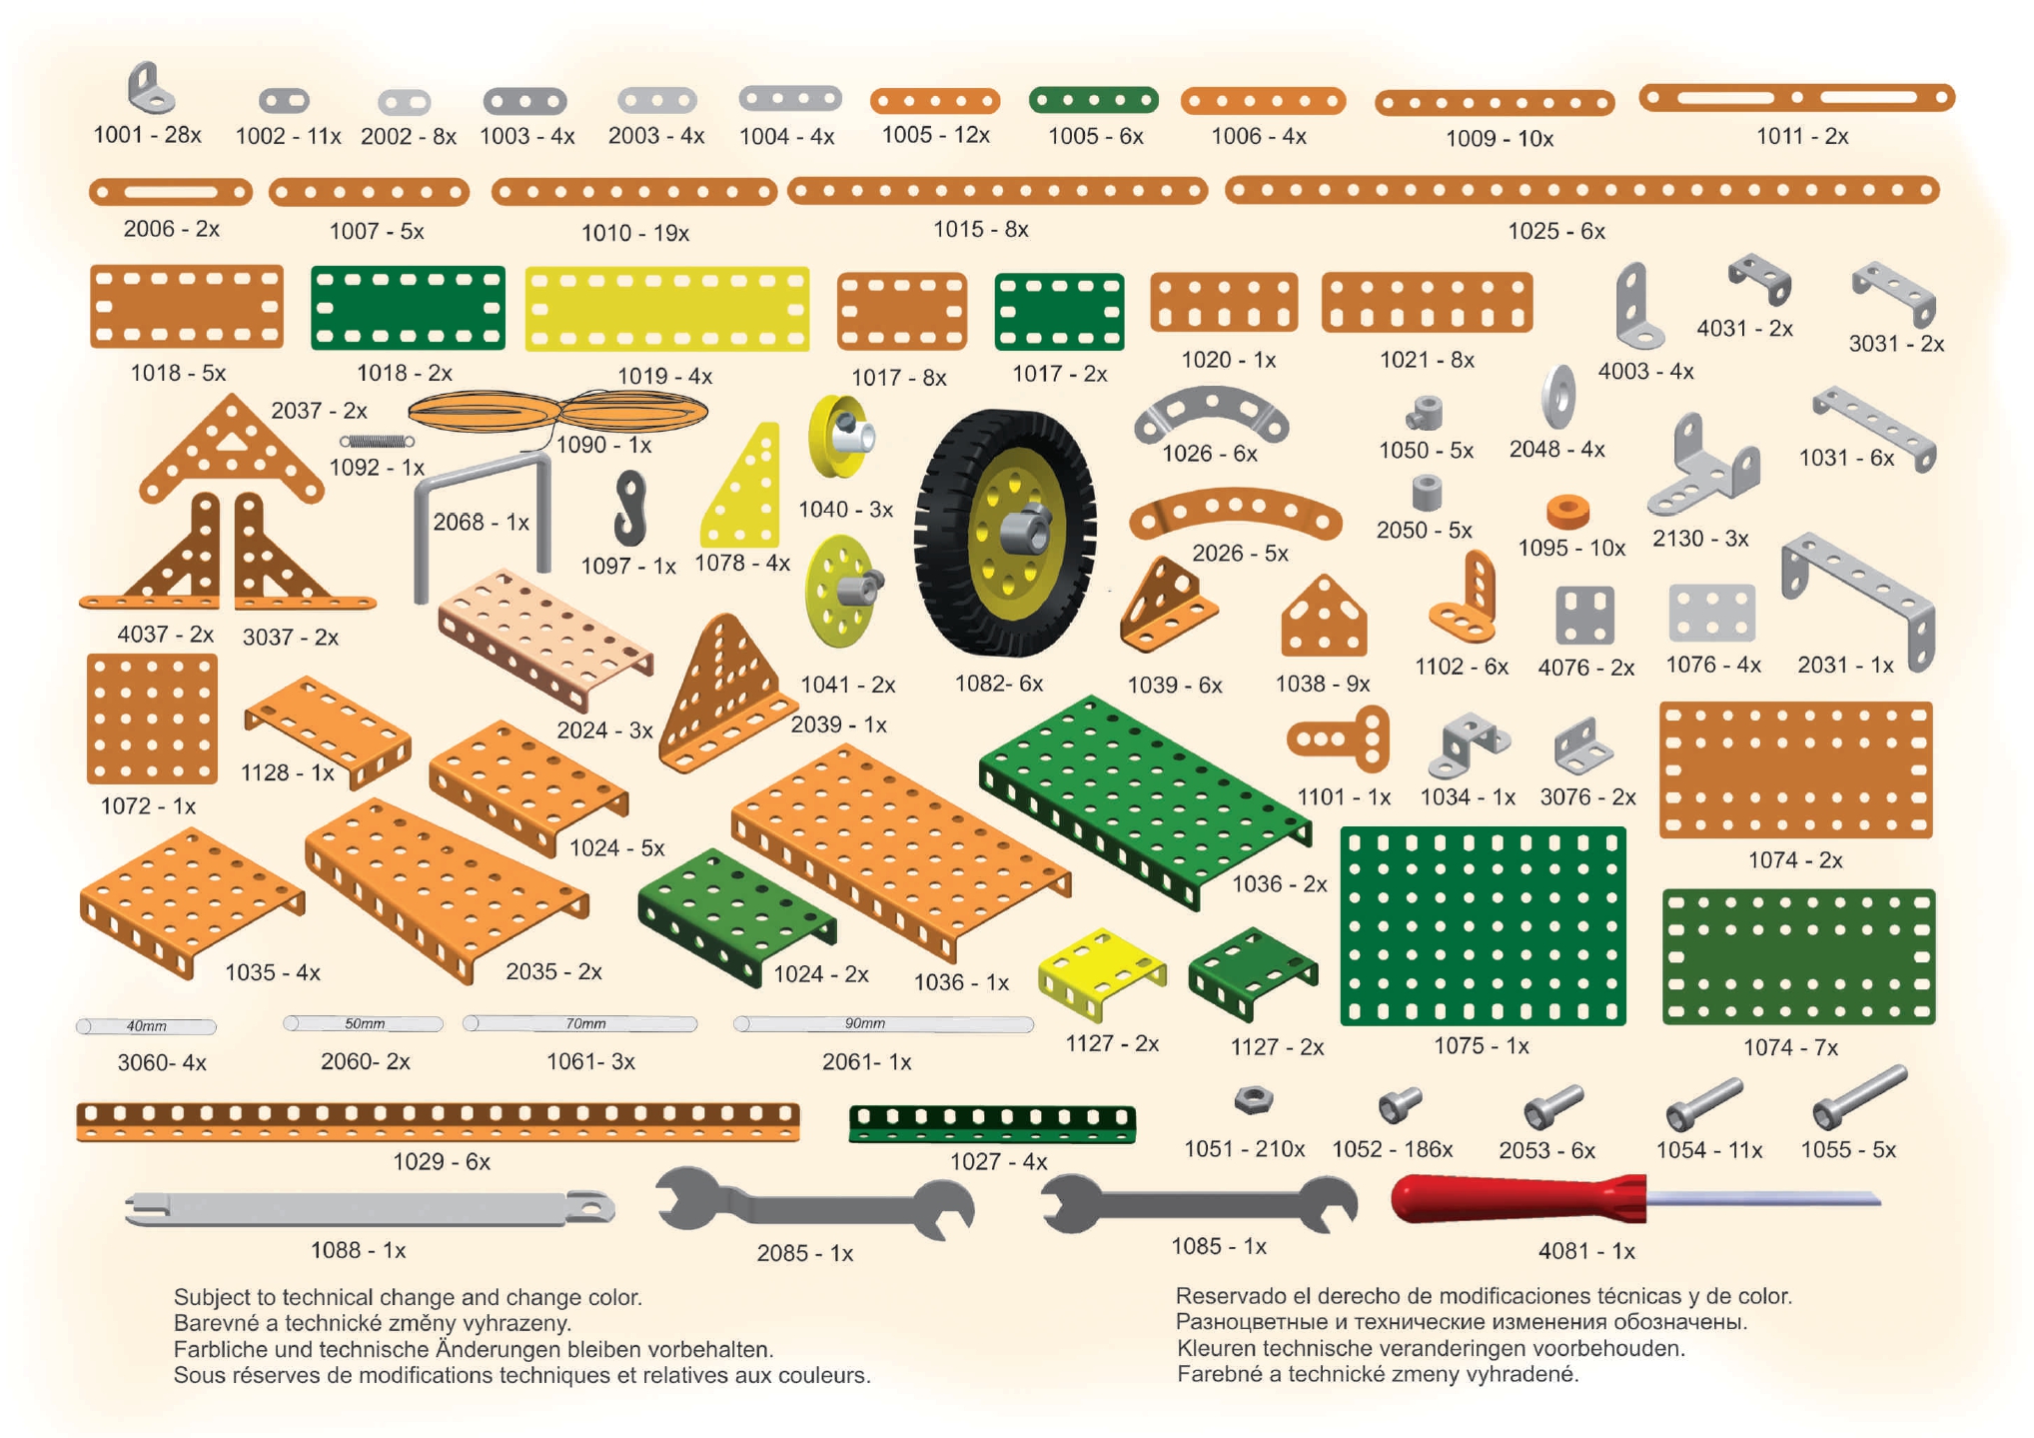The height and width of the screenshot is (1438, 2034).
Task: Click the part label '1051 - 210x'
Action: pyautogui.click(x=1244, y=1149)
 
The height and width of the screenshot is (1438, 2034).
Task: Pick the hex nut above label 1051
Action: pyautogui.click(x=1252, y=1100)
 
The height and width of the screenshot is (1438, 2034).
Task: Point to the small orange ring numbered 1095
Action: pyautogui.click(x=1567, y=511)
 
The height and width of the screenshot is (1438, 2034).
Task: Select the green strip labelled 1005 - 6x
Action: pyautogui.click(x=1093, y=100)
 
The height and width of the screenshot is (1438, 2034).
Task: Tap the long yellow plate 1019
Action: pyautogui.click(x=666, y=309)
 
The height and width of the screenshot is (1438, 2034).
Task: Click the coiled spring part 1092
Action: pyautogui.click(x=377, y=441)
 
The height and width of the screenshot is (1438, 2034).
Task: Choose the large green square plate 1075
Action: pyautogui.click(x=1483, y=925)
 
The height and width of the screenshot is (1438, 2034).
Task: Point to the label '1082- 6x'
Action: pyautogui.click(x=998, y=684)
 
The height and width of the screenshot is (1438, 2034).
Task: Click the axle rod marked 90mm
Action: pyautogui.click(x=883, y=1023)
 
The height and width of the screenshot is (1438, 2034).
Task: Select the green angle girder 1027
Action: pyautogui.click(x=991, y=1122)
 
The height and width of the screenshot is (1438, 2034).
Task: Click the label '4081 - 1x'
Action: pyautogui.click(x=1586, y=1250)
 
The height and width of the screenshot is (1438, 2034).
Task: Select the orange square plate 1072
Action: pyautogui.click(x=152, y=719)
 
